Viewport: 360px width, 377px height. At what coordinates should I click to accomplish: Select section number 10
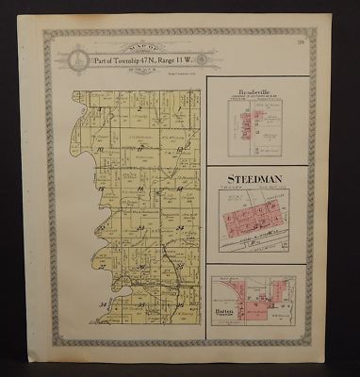98,149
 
